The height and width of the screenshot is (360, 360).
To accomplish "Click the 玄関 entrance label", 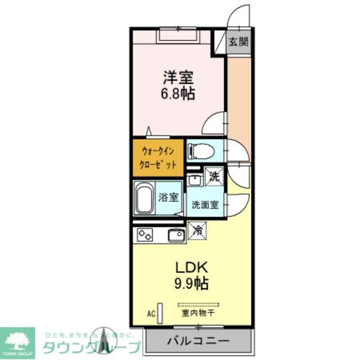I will [x=238, y=42].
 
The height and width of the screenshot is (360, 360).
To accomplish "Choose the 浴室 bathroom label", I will [x=168, y=197].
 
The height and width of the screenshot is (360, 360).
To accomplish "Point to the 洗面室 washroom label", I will [x=205, y=205].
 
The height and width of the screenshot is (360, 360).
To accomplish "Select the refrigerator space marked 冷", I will [x=197, y=231].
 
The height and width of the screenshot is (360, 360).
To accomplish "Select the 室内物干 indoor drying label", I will [x=198, y=314].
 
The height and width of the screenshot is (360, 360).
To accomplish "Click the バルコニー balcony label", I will [x=198, y=341].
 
